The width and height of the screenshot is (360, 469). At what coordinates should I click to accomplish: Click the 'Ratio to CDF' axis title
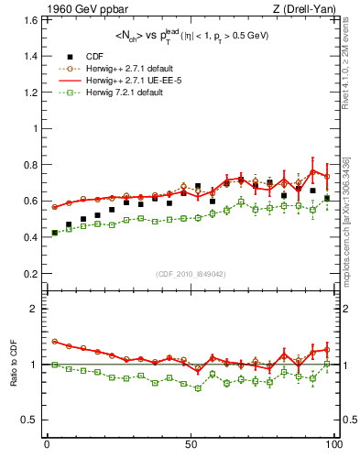pos(13,365)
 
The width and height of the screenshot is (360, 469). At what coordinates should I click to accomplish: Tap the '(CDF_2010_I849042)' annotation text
pos(191,274)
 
